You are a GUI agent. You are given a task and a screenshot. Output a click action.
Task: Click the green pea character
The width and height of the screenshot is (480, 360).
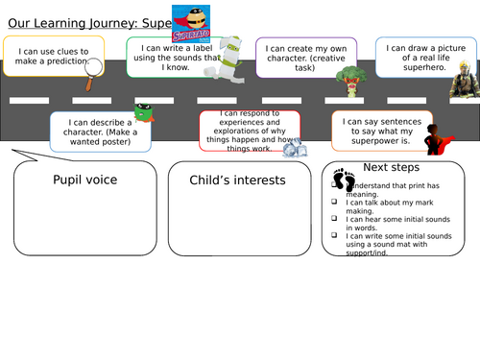click(145, 114)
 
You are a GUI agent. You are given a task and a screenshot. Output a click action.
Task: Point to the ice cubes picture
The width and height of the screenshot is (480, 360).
click(295, 147)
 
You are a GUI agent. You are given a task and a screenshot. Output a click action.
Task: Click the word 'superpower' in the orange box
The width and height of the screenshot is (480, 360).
click(371, 139)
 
